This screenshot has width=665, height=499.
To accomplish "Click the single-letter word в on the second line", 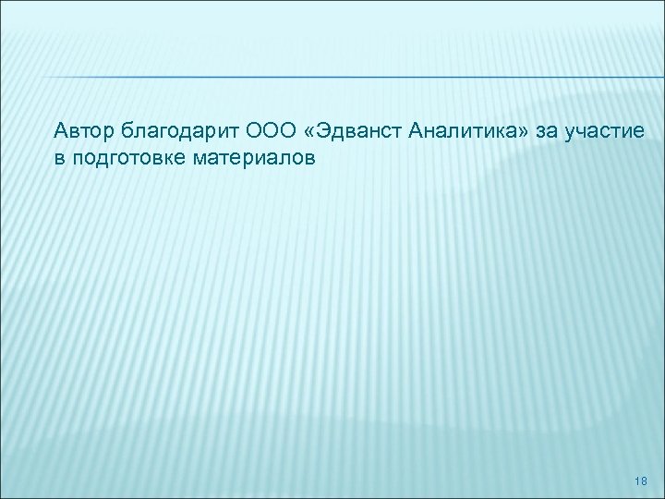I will coord(59,158).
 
